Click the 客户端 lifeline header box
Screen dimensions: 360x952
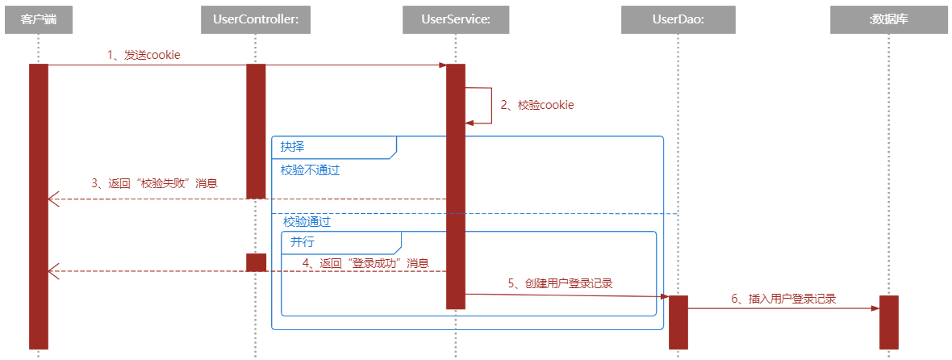pos(38,19)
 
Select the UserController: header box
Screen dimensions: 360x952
pos(256,19)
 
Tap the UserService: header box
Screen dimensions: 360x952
pos(456,19)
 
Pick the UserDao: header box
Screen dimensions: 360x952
pos(678,19)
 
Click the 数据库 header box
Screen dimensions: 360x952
pos(888,19)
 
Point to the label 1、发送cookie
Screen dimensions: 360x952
pos(144,55)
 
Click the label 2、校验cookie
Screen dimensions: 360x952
pos(537,105)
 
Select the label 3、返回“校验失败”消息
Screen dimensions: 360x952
pos(154,183)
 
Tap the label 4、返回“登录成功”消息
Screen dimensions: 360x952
pos(365,263)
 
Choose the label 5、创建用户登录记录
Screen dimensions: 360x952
pos(560,283)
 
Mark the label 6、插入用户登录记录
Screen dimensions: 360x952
pos(783,299)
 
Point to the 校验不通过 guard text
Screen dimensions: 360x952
pos(310,170)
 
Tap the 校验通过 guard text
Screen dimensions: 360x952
pos(307,221)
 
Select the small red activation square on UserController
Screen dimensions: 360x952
pos(256,262)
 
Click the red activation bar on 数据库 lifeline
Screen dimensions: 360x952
pos(888,322)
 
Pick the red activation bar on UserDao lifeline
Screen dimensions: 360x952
pos(678,322)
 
